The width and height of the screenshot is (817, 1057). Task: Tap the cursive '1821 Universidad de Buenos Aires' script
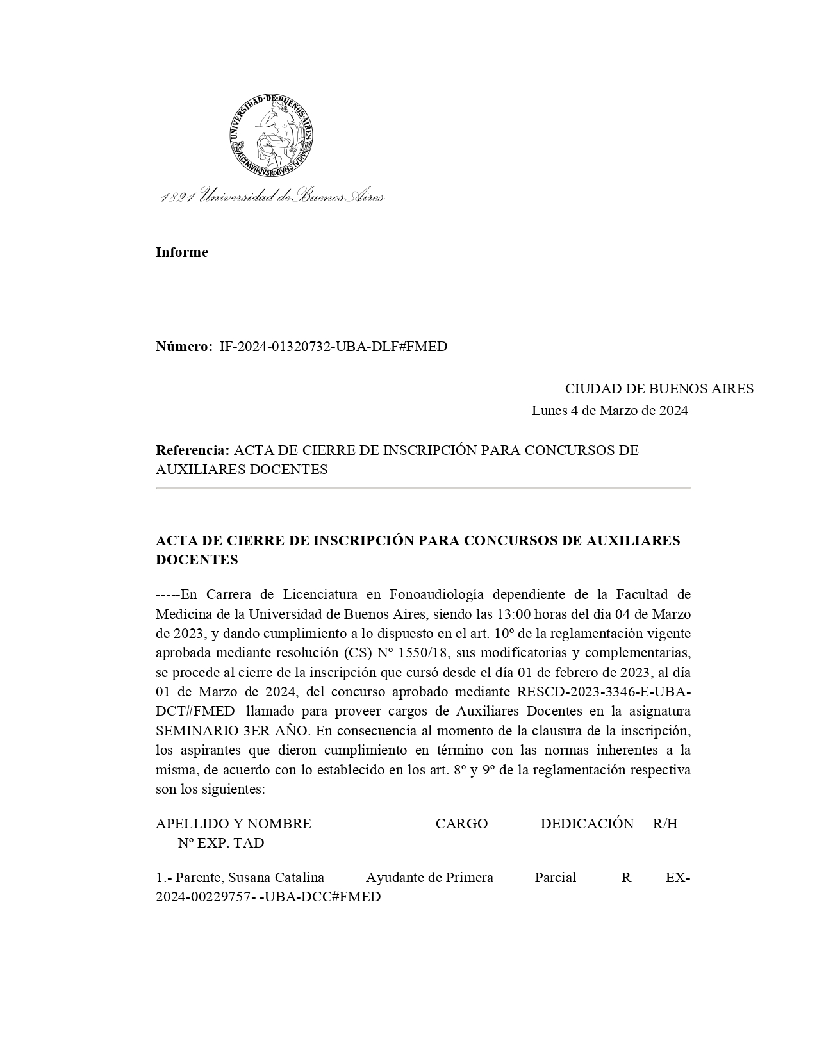pos(272,195)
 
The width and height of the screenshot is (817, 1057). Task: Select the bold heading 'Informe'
pos(181,252)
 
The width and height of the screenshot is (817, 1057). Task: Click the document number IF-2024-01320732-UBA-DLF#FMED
pos(333,347)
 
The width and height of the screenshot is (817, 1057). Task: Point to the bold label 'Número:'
pos(183,347)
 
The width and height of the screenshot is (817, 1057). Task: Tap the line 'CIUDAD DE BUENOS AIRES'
pos(659,389)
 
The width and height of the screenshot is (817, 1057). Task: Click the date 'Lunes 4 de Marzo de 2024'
pos(609,411)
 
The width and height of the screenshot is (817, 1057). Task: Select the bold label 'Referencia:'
pos(192,450)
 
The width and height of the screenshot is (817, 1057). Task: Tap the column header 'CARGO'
pos(461,824)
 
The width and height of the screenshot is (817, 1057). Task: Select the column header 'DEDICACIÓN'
pos(587,824)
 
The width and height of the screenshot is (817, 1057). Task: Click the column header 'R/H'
pos(665,824)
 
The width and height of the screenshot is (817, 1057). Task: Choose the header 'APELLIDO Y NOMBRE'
pos(233,824)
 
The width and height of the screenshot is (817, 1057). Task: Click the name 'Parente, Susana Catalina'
pos(249,878)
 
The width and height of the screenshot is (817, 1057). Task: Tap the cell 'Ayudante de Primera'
pos(429,878)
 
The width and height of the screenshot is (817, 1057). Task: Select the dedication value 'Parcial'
pos(555,878)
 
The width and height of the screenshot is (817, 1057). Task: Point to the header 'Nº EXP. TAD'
pos(221,843)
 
